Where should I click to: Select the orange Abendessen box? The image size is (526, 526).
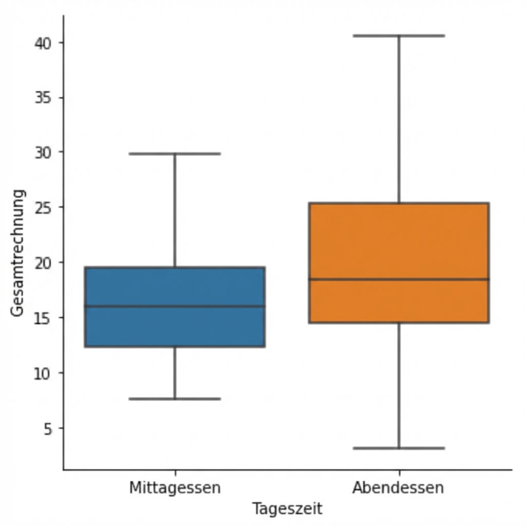(x=399, y=241)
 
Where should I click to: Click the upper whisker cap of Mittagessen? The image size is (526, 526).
(x=175, y=154)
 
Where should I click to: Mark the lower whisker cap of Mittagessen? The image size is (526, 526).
(x=175, y=399)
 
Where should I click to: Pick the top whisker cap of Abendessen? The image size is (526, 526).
(x=399, y=36)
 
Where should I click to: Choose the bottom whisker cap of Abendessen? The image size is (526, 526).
(x=399, y=448)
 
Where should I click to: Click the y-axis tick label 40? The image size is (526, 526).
(x=43, y=43)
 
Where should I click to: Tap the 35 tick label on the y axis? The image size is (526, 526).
(x=43, y=98)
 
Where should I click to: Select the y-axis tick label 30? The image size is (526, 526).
(x=43, y=153)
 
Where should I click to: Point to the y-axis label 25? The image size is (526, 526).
(x=43, y=208)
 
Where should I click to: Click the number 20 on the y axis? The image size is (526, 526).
(x=43, y=262)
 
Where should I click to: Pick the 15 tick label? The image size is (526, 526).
(x=43, y=318)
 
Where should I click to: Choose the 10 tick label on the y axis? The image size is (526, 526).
(x=43, y=373)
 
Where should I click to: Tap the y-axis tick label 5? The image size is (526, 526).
(x=48, y=428)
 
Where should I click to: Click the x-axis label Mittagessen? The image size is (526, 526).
(x=175, y=487)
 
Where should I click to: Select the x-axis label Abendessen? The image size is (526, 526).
(x=398, y=487)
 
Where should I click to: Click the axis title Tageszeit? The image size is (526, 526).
(x=287, y=509)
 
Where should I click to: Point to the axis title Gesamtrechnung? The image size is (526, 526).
(x=17, y=253)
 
